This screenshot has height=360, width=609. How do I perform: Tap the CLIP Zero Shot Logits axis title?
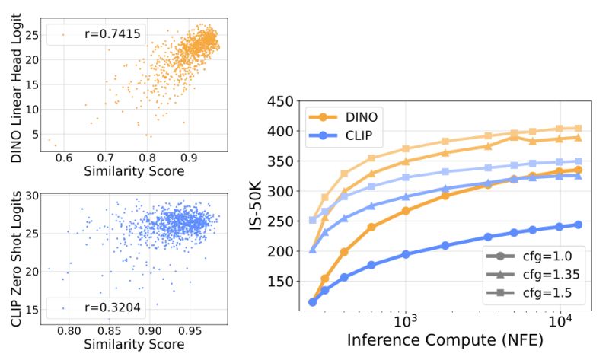pyautogui.click(x=16, y=256)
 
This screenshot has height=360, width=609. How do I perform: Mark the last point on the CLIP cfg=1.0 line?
pyautogui.click(x=578, y=225)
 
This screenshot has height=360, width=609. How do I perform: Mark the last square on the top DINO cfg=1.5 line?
pyautogui.click(x=578, y=129)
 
